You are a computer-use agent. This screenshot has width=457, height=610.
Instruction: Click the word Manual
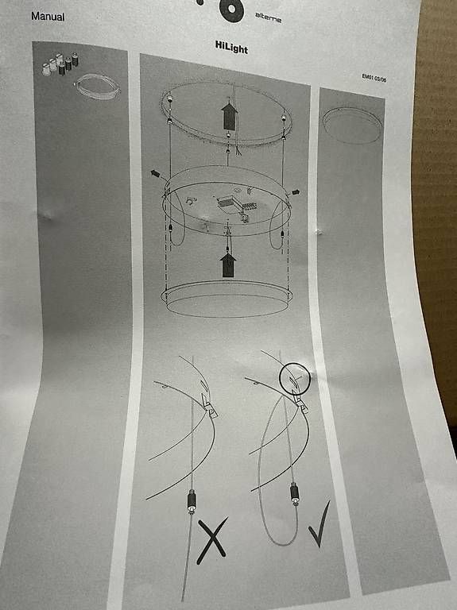click(48, 17)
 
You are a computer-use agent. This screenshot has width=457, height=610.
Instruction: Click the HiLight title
click(231, 47)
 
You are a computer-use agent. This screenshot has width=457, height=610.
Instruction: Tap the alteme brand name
click(268, 17)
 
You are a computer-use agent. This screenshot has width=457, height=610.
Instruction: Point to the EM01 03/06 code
click(374, 78)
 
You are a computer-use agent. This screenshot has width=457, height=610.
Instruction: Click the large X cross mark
click(212, 540)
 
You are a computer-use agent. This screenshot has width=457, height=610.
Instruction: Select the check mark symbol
click(319, 524)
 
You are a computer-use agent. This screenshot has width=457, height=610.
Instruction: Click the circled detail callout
click(295, 378)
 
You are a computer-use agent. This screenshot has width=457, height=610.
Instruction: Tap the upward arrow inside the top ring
click(229, 116)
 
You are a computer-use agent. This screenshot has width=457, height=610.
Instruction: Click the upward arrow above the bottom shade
click(228, 265)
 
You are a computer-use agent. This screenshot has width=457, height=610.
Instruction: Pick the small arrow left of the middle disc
click(155, 173)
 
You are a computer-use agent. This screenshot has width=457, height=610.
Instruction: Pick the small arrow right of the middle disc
click(296, 191)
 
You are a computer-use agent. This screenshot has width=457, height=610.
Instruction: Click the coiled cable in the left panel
click(97, 87)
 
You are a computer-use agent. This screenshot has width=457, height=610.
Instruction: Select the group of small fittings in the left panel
click(60, 64)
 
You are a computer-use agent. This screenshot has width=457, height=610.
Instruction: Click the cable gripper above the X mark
click(192, 502)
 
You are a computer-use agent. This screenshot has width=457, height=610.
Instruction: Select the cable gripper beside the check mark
click(295, 493)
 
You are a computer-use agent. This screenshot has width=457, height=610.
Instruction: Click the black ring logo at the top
click(231, 10)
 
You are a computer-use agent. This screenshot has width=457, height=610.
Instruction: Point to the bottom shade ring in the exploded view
click(227, 299)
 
